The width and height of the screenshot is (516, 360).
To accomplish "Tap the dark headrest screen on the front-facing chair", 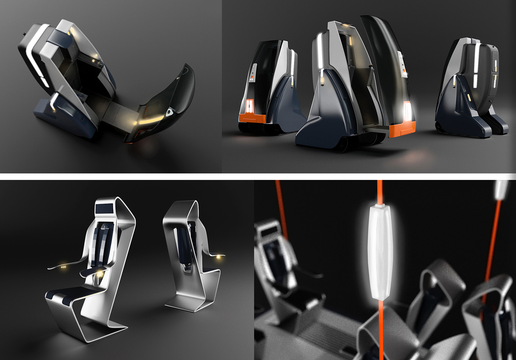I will pos(104,209).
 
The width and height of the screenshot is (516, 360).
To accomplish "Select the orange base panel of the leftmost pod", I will pos(252,119).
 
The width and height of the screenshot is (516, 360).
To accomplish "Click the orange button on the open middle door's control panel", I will pos(404,69).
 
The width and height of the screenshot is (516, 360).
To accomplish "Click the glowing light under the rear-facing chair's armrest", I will pos(222,256).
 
